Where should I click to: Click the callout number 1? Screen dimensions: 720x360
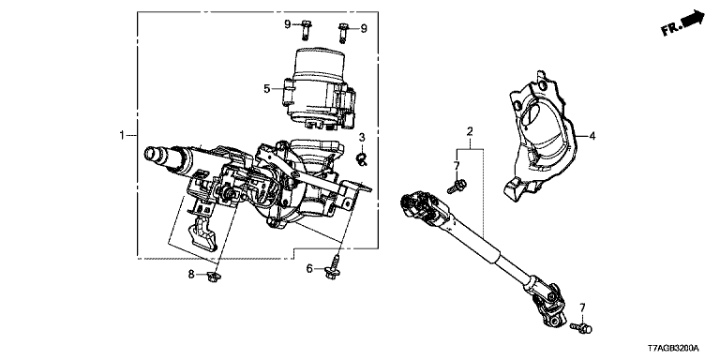(122, 135)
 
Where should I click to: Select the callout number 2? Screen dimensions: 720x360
(470, 132)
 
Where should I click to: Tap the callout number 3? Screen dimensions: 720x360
(362, 137)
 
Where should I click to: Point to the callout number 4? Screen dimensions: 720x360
(592, 136)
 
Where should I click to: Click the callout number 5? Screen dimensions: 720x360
(267, 89)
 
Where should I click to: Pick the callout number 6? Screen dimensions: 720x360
(309, 269)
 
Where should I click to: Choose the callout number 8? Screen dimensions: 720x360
(191, 275)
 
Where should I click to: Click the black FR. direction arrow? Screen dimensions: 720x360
(694, 20)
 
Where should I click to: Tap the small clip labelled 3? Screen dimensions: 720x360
(361, 159)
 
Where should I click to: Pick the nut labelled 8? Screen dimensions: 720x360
(212, 277)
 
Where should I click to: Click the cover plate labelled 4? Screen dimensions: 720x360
(540, 136)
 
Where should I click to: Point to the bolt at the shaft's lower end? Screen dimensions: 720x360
(582, 328)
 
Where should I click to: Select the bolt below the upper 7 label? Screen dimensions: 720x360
(457, 186)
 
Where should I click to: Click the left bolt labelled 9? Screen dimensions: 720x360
(307, 30)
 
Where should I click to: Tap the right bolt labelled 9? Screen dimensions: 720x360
(343, 33)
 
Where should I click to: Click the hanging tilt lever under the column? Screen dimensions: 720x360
(202, 234)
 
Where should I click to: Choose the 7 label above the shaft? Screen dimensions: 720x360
(457, 165)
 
